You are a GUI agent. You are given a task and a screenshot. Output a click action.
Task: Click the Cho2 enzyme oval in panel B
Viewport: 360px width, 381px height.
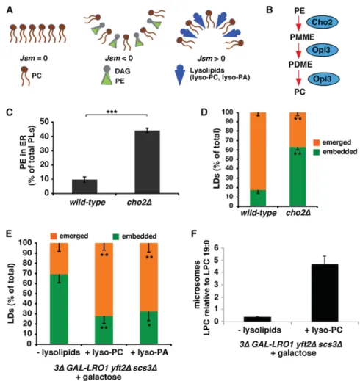click(x=322, y=22)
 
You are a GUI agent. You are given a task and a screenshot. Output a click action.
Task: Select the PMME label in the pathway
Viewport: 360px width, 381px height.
click(x=302, y=37)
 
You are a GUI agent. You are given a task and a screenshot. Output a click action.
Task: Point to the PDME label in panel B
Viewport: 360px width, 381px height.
click(x=300, y=65)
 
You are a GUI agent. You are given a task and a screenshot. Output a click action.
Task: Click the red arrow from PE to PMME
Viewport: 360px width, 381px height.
click(x=298, y=23)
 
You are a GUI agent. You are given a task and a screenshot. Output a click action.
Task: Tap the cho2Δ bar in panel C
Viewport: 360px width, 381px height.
click(x=147, y=162)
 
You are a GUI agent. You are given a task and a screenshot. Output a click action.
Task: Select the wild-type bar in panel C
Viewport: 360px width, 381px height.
click(x=84, y=186)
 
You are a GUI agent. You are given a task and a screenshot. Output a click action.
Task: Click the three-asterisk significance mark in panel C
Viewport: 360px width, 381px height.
click(x=112, y=112)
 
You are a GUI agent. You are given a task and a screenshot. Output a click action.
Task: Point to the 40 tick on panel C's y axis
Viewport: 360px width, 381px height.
click(x=46, y=137)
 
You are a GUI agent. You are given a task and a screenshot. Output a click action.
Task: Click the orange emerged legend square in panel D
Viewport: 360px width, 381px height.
click(x=316, y=142)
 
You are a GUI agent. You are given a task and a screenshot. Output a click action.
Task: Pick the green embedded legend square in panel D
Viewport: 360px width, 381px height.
click(x=316, y=153)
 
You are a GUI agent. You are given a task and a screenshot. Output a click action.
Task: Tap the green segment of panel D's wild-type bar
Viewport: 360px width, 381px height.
click(x=258, y=197)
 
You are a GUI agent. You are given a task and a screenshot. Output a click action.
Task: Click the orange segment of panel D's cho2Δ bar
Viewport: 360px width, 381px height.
click(x=298, y=130)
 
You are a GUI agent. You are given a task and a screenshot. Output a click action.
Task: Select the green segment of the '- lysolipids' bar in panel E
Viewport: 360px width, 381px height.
click(x=59, y=309)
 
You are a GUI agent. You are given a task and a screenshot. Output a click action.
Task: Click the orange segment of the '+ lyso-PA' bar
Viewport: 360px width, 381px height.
click(x=148, y=277)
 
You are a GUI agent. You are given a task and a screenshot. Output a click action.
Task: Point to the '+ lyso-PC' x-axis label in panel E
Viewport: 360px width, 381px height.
click(x=104, y=352)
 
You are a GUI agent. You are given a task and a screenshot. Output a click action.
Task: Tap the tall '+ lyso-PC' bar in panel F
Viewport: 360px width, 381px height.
click(x=325, y=293)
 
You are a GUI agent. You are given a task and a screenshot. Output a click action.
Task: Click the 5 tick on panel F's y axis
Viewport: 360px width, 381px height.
click(x=218, y=261)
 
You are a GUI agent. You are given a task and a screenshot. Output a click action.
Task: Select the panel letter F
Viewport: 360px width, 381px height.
click(x=194, y=233)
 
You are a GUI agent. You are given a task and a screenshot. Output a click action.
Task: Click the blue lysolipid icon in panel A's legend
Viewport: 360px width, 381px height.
click(x=180, y=75)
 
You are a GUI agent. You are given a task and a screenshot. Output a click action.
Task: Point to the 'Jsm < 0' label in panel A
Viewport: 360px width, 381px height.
click(x=119, y=59)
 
